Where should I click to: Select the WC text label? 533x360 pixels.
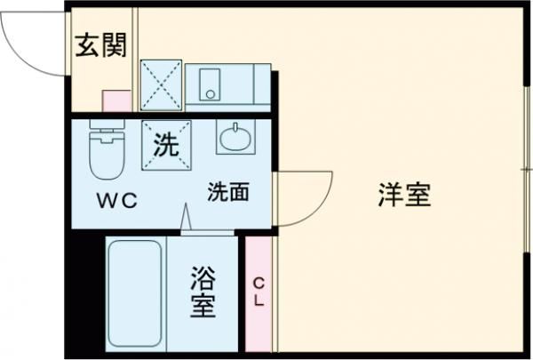(117, 200)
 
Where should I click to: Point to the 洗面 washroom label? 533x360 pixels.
(228, 191)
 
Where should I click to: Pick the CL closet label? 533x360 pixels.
(259, 292)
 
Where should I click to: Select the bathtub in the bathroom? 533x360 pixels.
(134, 293)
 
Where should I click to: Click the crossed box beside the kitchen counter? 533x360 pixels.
(161, 85)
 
